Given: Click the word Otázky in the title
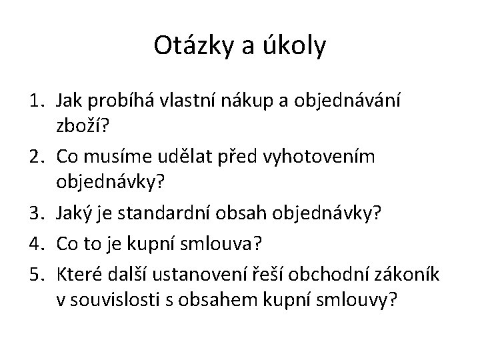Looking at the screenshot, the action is (x=194, y=46).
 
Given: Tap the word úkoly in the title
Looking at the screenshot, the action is (x=294, y=45).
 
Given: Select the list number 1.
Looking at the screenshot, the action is (x=37, y=101).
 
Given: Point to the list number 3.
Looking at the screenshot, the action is (x=37, y=213).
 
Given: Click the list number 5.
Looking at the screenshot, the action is (x=37, y=274).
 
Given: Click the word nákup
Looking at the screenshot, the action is (x=247, y=101).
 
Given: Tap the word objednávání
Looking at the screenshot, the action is (x=347, y=101).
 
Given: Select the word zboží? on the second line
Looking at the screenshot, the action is (x=83, y=125).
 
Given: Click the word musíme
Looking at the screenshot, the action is (x=118, y=157).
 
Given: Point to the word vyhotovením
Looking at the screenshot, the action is (x=319, y=157).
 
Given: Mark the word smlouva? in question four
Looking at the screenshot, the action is (x=221, y=244).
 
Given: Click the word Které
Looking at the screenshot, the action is (x=79, y=274).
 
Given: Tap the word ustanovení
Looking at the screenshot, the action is (x=199, y=274).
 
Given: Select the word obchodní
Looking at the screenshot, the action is (x=328, y=274).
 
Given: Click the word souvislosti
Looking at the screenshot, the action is (x=115, y=299).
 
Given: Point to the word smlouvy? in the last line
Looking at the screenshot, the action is (x=356, y=300).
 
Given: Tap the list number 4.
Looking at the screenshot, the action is (x=37, y=244).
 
